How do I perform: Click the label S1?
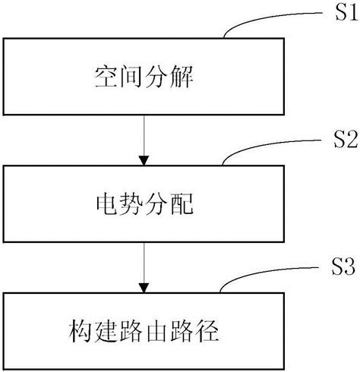[337, 13]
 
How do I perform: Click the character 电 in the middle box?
[102, 203]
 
